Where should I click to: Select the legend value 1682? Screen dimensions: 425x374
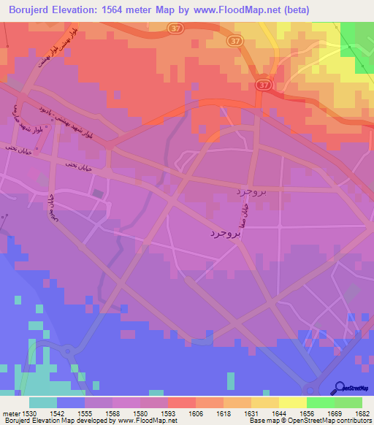(x=361, y=413)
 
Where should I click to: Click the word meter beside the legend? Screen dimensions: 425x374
(x=9, y=413)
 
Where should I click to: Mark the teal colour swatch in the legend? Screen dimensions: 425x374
(x=42, y=402)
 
